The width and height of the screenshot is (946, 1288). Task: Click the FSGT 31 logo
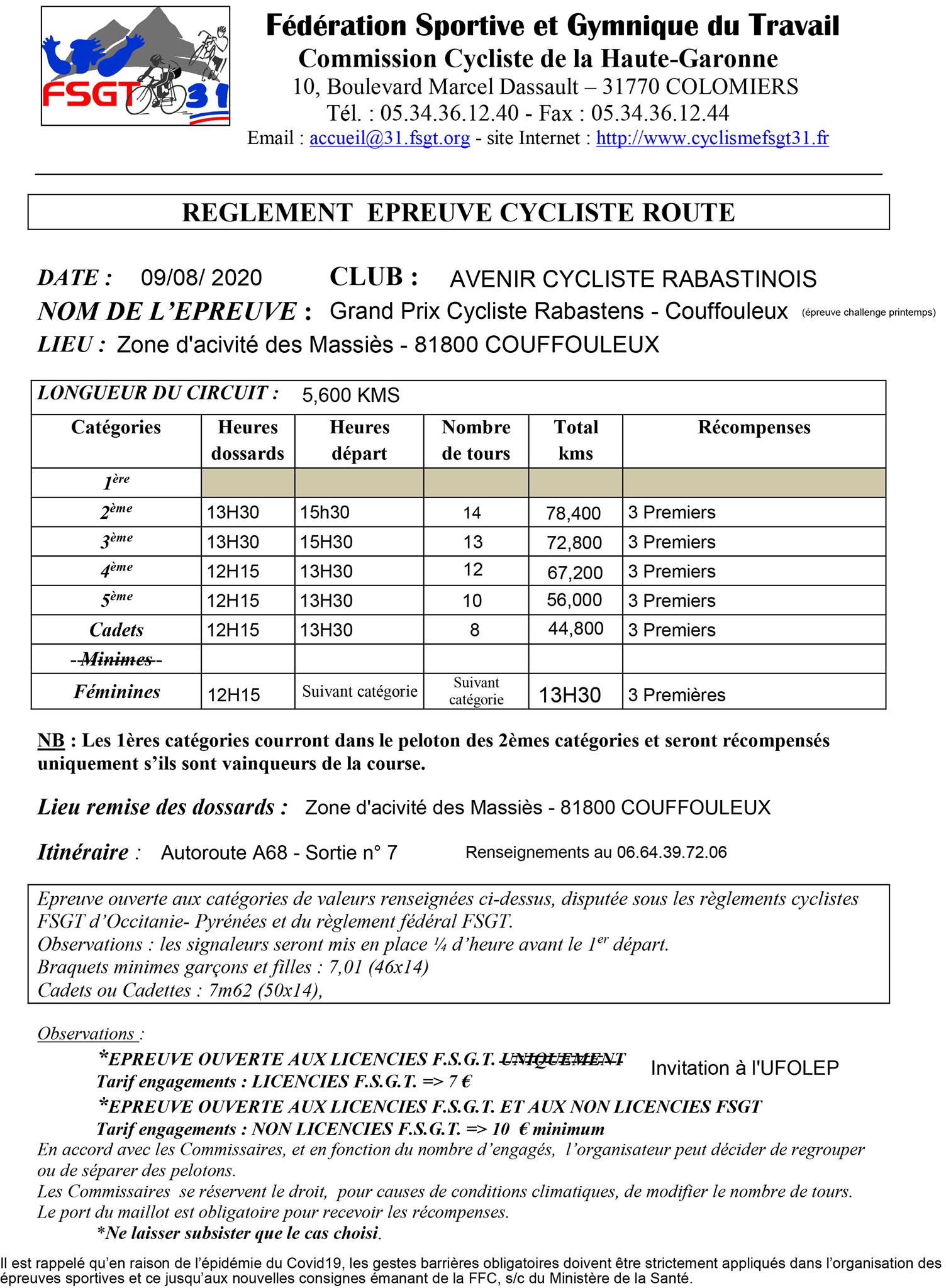[135, 67]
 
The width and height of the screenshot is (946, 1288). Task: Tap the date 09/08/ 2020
[201, 278]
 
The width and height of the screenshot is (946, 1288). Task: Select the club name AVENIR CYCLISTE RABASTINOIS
[633, 279]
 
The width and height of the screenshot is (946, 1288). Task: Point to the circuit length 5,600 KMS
[350, 396]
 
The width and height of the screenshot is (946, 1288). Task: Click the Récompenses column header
[754, 428]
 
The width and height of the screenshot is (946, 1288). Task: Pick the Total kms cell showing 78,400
[574, 513]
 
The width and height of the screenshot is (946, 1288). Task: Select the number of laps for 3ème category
[473, 542]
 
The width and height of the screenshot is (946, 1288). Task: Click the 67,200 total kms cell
[574, 572]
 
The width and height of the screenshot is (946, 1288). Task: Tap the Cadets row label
[116, 630]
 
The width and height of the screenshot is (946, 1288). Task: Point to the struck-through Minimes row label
[116, 659]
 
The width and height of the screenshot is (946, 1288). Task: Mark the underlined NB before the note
[51, 741]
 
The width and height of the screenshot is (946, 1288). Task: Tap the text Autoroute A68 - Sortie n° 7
[279, 853]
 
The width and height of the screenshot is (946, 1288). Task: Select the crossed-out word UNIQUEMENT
[562, 1059]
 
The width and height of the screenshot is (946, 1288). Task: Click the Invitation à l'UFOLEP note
[744, 1068]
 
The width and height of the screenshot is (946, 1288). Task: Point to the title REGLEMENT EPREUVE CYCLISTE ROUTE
[458, 213]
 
